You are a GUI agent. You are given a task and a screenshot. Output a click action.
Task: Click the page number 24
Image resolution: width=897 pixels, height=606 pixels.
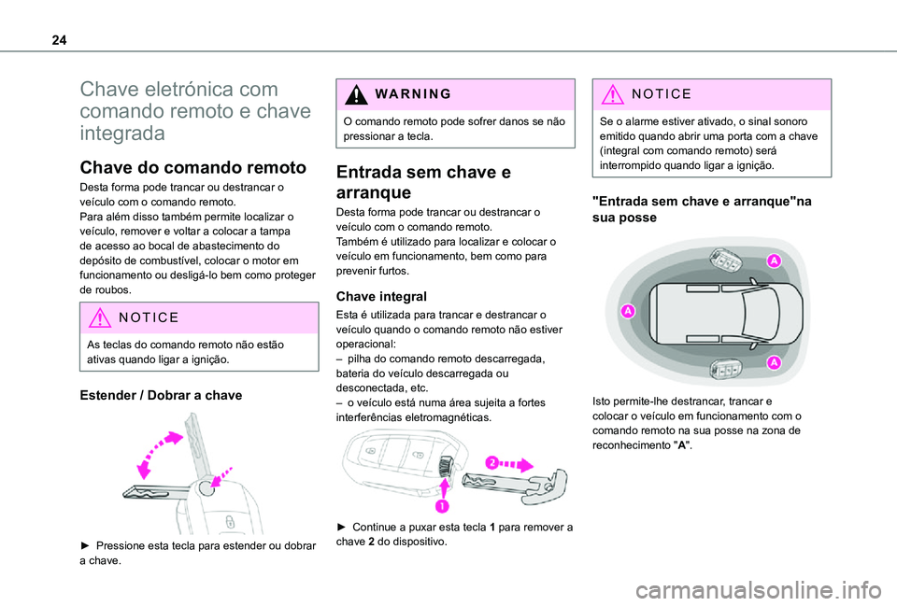[x=59, y=40]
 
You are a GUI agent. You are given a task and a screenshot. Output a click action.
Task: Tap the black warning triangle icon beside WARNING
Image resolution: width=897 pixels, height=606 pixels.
[x=356, y=94]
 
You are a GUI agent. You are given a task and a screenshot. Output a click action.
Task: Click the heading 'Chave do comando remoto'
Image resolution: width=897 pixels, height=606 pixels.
[x=193, y=167]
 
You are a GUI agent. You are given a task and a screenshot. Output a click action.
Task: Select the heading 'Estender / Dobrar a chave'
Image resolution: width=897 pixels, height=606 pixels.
[x=161, y=395]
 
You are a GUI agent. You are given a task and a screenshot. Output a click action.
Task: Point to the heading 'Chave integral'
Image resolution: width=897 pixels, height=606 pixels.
[x=381, y=296]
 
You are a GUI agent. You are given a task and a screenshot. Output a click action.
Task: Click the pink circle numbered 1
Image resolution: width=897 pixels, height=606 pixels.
[x=442, y=506]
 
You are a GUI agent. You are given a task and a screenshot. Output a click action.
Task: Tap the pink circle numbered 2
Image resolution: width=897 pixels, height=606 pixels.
[x=492, y=462]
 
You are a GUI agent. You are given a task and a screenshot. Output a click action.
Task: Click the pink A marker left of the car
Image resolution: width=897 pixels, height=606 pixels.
[x=628, y=311]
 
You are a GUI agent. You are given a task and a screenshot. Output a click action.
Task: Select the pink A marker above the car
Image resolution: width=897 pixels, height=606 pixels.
[x=774, y=261]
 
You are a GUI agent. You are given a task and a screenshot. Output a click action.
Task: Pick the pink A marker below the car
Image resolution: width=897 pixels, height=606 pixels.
[x=774, y=362]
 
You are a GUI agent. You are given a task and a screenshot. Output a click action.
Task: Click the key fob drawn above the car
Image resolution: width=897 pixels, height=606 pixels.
[x=725, y=261]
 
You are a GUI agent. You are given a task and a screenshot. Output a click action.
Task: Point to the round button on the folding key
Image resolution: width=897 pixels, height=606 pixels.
[x=205, y=488]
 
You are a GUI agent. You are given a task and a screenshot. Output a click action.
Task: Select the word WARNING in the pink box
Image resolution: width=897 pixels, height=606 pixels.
[x=413, y=93]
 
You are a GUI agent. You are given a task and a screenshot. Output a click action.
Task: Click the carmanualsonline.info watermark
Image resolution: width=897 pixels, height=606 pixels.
[x=759, y=590]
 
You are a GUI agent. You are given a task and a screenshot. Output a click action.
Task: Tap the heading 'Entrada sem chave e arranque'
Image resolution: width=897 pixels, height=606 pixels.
[x=423, y=182]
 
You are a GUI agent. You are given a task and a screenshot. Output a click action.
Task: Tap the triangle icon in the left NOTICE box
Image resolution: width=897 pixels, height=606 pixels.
[x=100, y=317]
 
